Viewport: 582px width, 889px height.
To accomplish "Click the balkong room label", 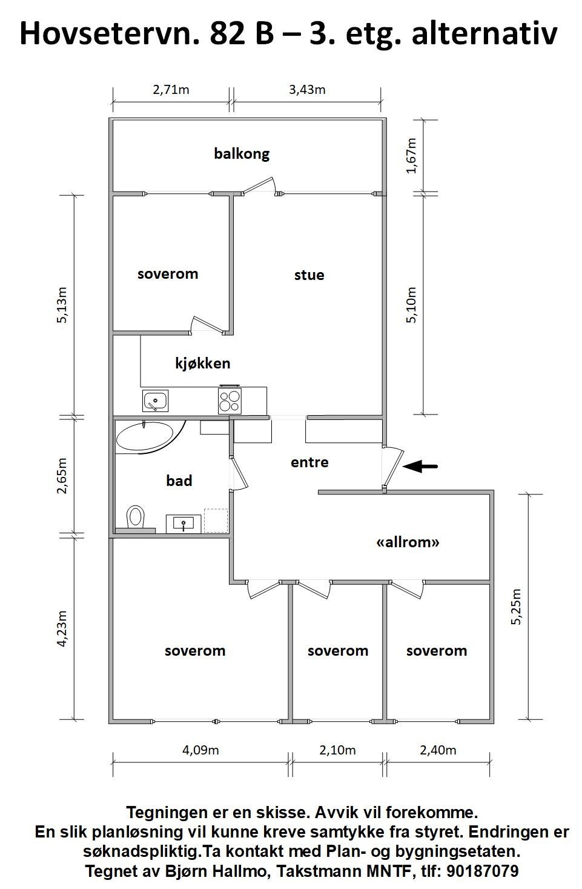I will [x=242, y=154].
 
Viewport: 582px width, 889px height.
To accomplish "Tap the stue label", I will [x=309, y=275].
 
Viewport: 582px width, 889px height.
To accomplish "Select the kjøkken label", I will [x=203, y=364].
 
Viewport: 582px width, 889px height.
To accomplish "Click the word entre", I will [x=309, y=462].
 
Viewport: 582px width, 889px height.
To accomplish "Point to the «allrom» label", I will [x=408, y=542].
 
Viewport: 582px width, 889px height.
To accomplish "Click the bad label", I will [x=179, y=481].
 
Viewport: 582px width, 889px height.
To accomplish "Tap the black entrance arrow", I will [x=421, y=466].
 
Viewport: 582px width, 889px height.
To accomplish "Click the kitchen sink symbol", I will [x=156, y=401].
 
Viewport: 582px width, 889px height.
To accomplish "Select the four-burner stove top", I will [x=230, y=401].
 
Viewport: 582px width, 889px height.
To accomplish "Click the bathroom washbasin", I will [x=184, y=524].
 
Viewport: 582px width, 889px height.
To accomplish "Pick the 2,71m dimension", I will [x=171, y=90].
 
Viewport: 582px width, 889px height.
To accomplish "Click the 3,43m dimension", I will [x=307, y=90].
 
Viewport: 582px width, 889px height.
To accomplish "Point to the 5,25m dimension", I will [x=516, y=606].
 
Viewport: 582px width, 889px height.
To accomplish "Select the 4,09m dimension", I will [x=200, y=750].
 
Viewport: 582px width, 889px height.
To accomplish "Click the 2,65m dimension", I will [x=62, y=477].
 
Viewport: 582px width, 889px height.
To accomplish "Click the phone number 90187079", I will [x=482, y=871].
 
